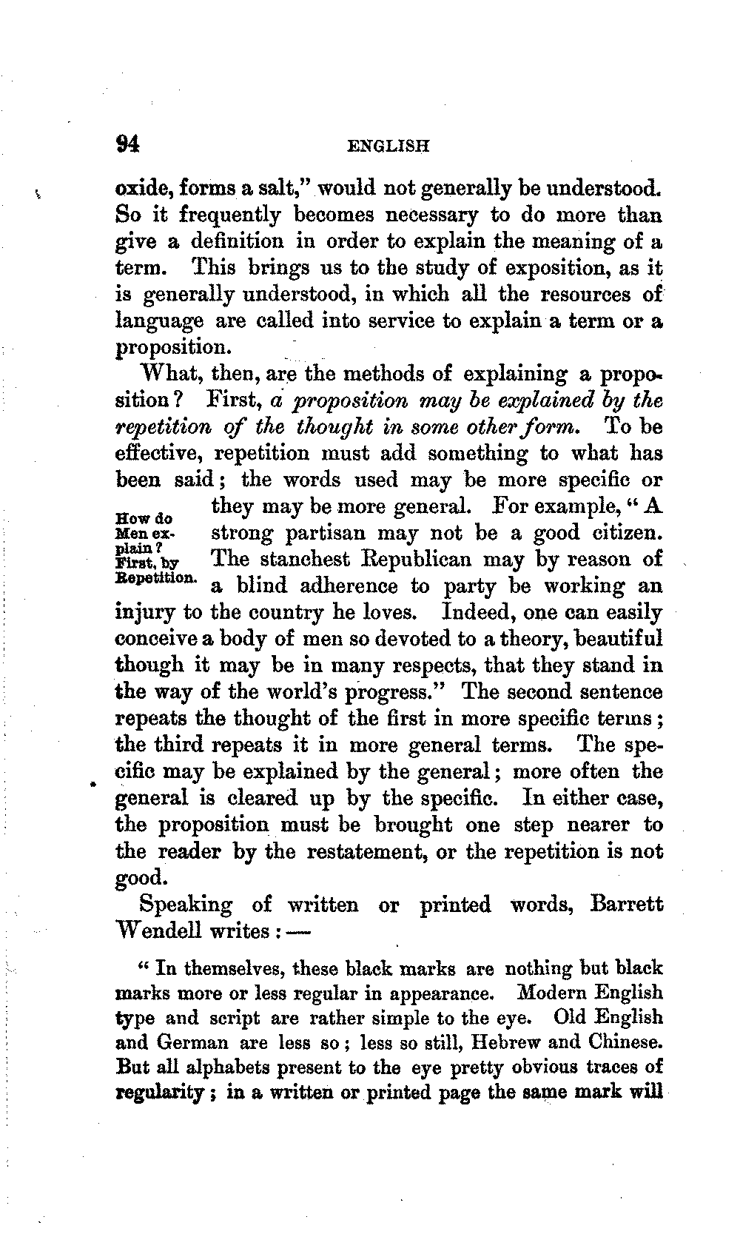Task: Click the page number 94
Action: (128, 144)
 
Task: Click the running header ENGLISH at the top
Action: (389, 147)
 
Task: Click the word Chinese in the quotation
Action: (625, 1043)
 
